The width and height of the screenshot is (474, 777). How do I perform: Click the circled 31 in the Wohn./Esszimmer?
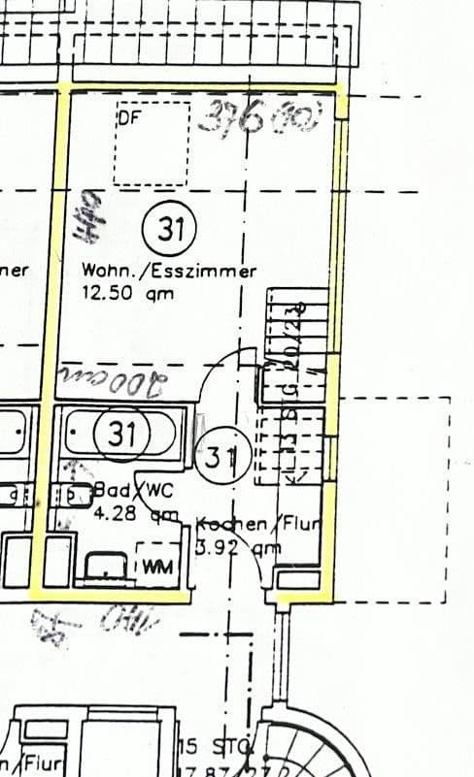[171, 231]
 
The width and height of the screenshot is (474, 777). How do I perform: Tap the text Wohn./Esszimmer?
[169, 272]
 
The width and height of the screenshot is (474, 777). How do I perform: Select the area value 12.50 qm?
[127, 294]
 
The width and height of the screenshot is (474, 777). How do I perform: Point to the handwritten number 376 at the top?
[233, 117]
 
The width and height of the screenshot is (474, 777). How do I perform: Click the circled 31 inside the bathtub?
[122, 434]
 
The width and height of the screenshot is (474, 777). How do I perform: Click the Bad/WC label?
[132, 490]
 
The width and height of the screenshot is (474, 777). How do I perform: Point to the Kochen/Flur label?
[258, 525]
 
